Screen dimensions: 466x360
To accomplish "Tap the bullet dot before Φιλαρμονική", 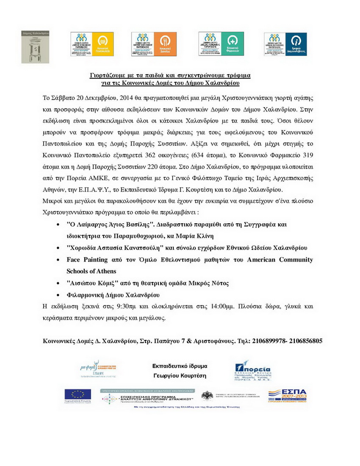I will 58,294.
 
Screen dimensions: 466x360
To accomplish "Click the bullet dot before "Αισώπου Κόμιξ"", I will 58,283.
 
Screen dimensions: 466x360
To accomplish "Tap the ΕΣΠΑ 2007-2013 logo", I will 288,395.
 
